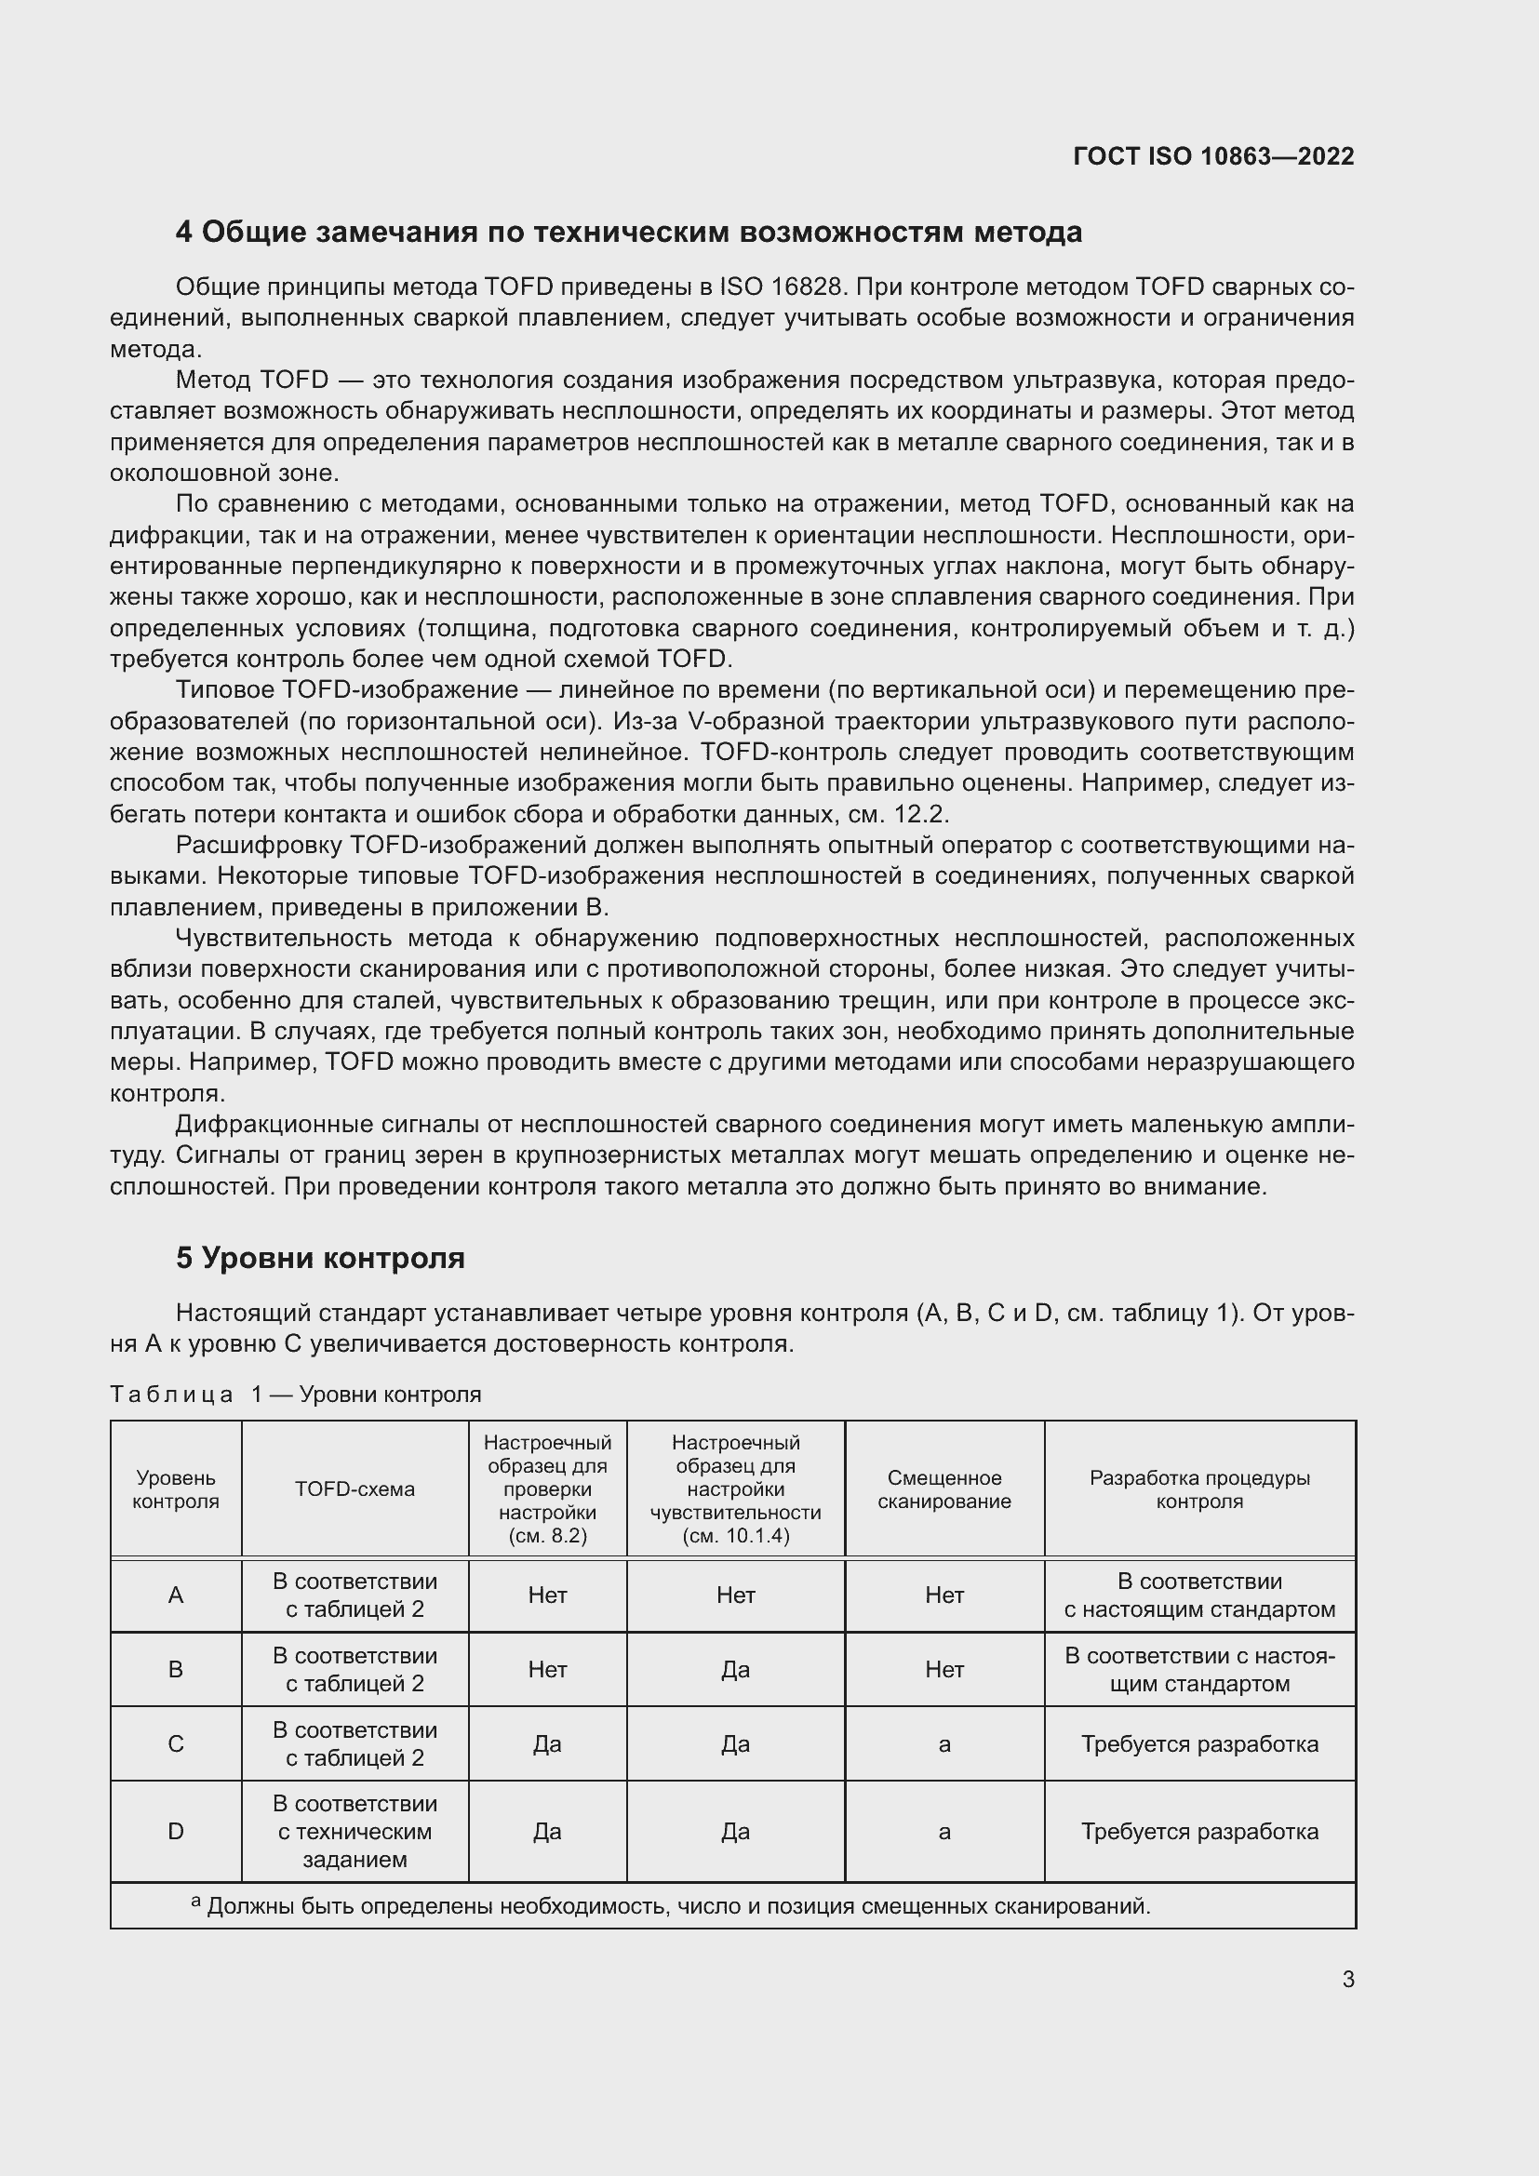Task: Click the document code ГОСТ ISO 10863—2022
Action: click(x=1213, y=156)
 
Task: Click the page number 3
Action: click(x=1347, y=1979)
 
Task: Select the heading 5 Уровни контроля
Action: click(x=320, y=1258)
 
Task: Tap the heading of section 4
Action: click(x=628, y=233)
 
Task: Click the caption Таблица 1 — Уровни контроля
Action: click(x=296, y=1395)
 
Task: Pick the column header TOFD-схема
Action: click(x=355, y=1488)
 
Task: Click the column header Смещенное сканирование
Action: click(x=943, y=1488)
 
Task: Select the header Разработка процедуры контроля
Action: click(x=1198, y=1488)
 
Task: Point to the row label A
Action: click(x=175, y=1595)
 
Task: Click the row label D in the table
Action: click(x=175, y=1831)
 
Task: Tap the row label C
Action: click(x=175, y=1743)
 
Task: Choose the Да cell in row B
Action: click(x=735, y=1669)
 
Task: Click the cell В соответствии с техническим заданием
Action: click(x=355, y=1831)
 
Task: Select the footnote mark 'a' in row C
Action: click(x=943, y=1743)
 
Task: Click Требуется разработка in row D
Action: click(x=1198, y=1831)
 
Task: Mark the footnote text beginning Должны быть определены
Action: click(x=677, y=1906)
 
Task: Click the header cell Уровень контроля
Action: click(x=175, y=1488)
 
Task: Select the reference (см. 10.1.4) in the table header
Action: click(x=735, y=1536)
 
